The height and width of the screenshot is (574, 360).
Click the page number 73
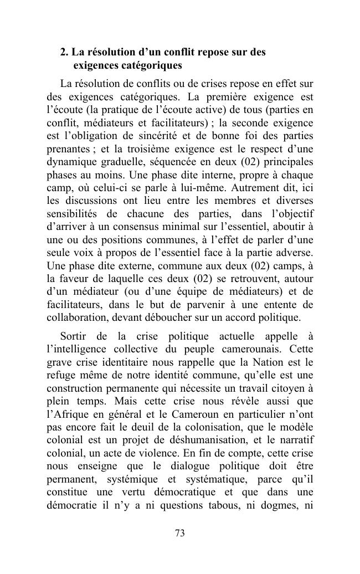tap(179, 534)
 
